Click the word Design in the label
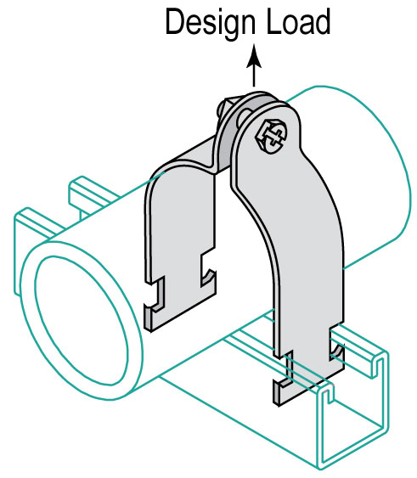click(210, 23)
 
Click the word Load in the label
click(299, 20)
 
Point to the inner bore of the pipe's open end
click(82, 320)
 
